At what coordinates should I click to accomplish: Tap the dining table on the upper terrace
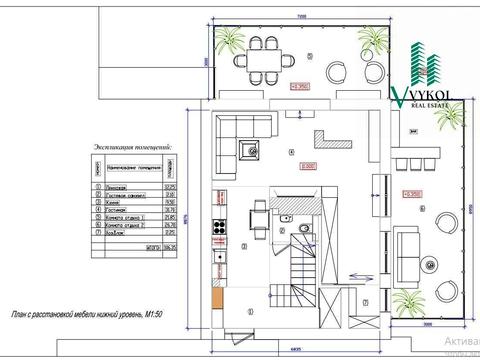point(267,60)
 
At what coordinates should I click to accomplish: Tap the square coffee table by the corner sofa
point(246,152)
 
